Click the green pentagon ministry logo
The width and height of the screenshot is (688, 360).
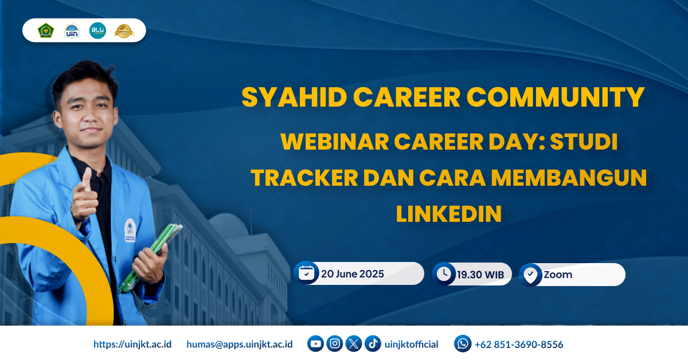click(x=46, y=30)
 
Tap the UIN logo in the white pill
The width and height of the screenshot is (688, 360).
click(x=72, y=31)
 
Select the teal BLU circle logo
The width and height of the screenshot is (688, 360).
click(x=97, y=30)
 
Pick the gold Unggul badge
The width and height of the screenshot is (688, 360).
click(x=124, y=31)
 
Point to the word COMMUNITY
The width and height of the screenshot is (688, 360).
click(x=556, y=97)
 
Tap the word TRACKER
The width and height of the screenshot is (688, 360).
click(x=304, y=178)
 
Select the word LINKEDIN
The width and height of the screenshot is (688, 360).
click(x=449, y=214)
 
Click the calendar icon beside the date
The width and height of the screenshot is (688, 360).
click(x=306, y=273)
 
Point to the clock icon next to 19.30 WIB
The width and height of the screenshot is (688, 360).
click(x=444, y=273)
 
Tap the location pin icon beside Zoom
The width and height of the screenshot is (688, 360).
click(x=530, y=275)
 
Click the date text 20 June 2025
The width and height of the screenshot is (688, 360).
click(x=352, y=273)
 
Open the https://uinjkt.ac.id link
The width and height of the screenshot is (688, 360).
click(x=132, y=344)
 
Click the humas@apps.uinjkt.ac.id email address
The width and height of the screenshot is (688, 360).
click(x=240, y=344)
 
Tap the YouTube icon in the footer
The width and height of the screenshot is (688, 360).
click(x=315, y=343)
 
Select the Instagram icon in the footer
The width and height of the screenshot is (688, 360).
click(x=334, y=343)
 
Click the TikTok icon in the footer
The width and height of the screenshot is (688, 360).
click(x=373, y=343)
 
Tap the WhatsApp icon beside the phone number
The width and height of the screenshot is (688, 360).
click(x=463, y=343)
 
